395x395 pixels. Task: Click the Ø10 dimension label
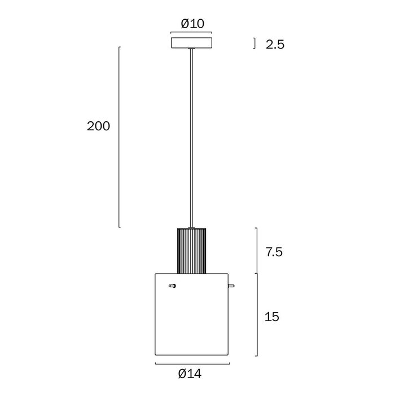192,24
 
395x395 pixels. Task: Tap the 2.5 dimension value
275,45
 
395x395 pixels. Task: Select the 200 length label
99,126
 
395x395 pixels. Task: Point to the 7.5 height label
274,252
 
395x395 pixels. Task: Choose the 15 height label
272,317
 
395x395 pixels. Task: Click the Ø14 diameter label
190,374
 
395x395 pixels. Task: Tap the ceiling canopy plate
191,43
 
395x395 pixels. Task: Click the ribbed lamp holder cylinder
191,251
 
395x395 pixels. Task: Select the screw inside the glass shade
172,286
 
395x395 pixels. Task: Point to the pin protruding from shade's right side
231,286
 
